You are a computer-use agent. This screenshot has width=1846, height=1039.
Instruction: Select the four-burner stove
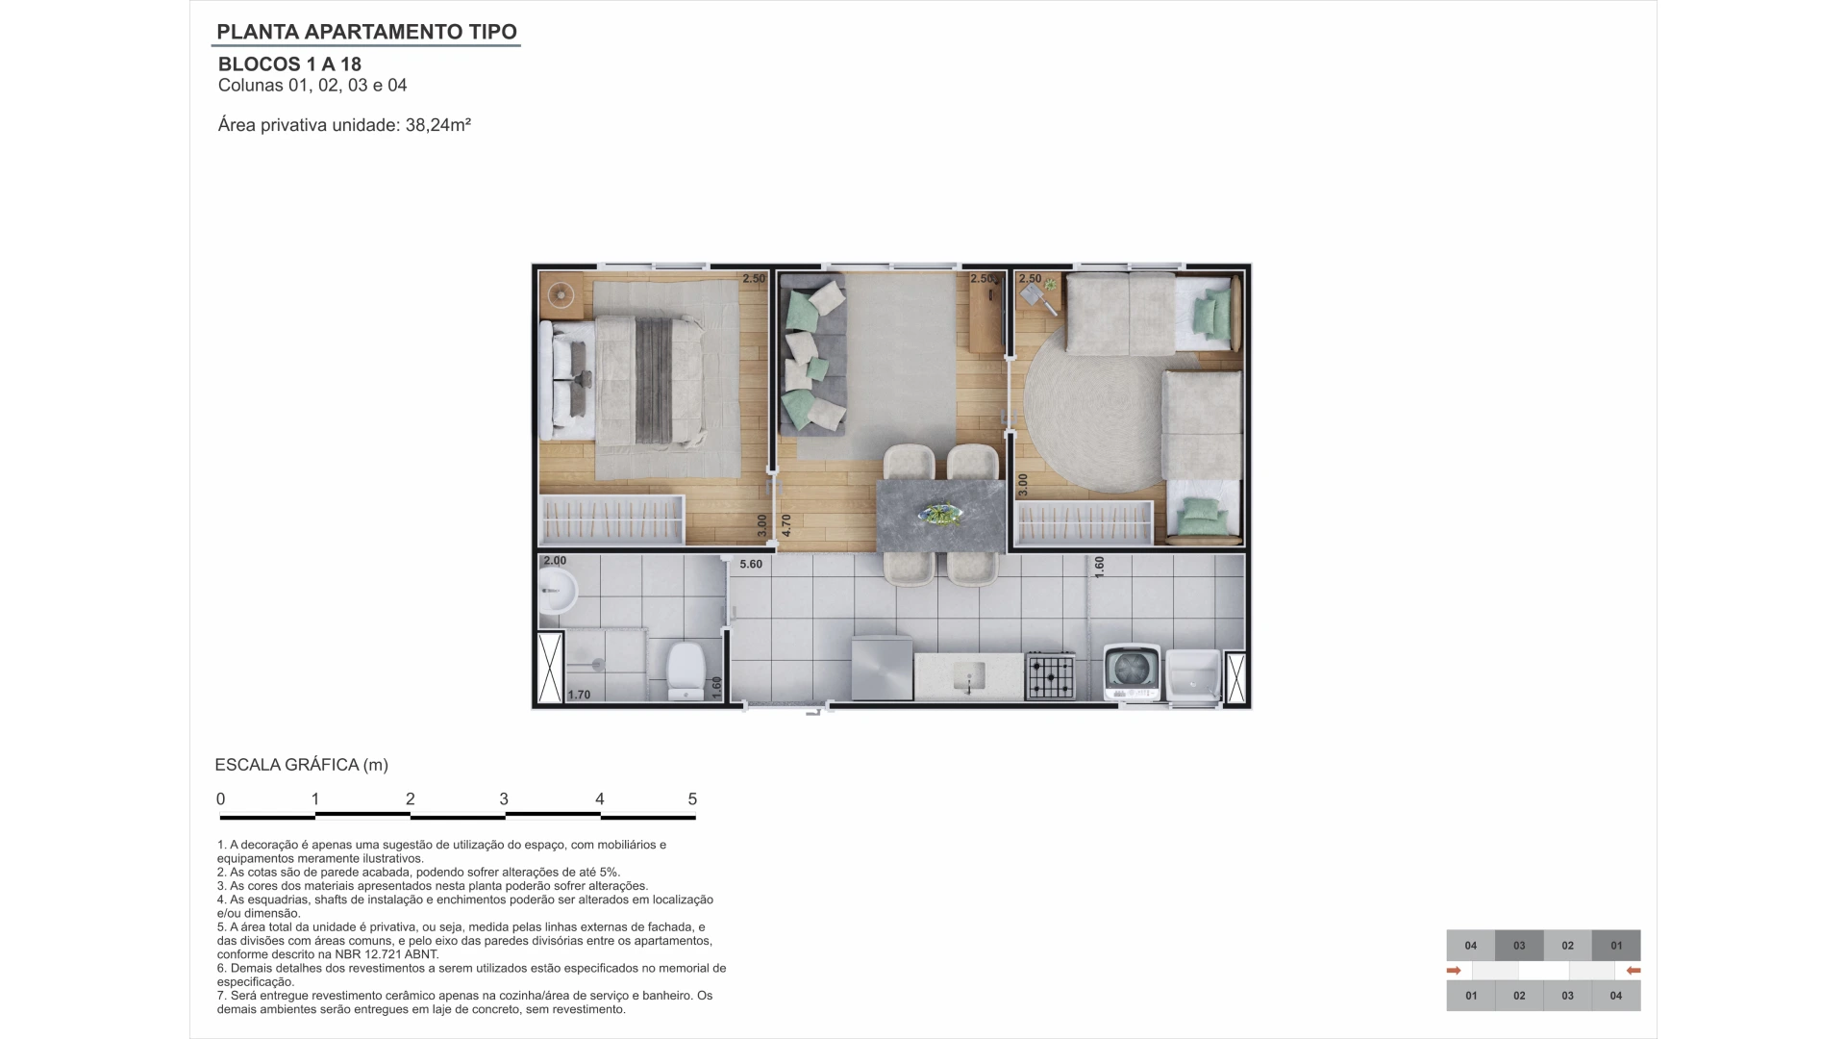1050,675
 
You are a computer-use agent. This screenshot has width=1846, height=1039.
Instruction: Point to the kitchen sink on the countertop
969,677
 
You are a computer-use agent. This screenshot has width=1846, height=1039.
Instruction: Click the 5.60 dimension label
751,564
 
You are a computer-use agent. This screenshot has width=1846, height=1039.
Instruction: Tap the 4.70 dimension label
786,525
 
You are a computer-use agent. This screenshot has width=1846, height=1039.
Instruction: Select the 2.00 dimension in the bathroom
555,561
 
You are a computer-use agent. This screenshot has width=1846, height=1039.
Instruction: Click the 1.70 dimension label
579,695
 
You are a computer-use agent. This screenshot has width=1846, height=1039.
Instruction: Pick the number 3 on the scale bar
504,799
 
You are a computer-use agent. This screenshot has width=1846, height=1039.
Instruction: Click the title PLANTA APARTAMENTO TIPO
366,32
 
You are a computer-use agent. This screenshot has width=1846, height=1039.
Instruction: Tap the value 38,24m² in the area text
438,125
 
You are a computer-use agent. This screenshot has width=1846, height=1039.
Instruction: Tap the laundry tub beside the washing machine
1192,676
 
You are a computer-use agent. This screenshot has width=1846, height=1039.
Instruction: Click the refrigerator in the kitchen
882,668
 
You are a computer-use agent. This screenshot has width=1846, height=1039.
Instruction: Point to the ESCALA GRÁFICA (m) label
302,766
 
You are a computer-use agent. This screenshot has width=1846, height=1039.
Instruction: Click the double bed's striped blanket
655,381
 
